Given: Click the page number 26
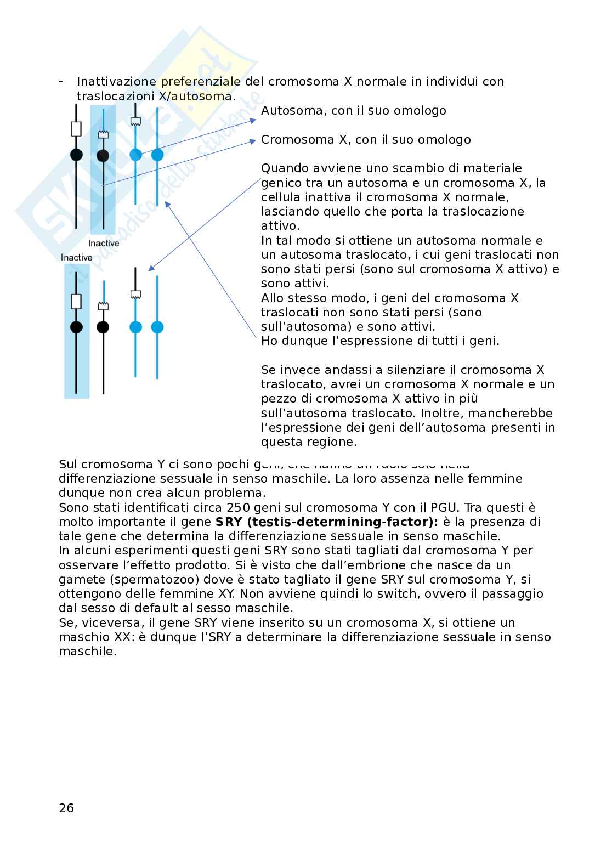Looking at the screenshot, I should click(x=66, y=808).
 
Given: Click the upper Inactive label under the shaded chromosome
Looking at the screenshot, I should click(x=104, y=243).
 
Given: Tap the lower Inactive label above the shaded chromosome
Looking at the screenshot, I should click(x=76, y=257).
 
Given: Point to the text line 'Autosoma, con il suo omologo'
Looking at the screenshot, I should click(x=353, y=110).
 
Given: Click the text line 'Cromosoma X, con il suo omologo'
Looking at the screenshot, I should click(x=366, y=139).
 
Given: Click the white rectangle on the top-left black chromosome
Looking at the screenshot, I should click(x=76, y=129).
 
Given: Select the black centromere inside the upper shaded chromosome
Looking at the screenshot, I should click(x=103, y=156).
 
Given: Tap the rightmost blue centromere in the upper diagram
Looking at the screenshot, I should click(x=157, y=155).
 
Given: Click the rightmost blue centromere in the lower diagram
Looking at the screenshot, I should click(x=157, y=327).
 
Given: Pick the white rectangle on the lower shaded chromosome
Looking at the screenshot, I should click(x=76, y=301).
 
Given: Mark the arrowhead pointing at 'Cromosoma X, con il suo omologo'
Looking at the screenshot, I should click(x=253, y=141).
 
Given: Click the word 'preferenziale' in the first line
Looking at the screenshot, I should click(x=200, y=81).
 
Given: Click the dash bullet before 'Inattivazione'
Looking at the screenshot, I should click(x=61, y=81).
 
